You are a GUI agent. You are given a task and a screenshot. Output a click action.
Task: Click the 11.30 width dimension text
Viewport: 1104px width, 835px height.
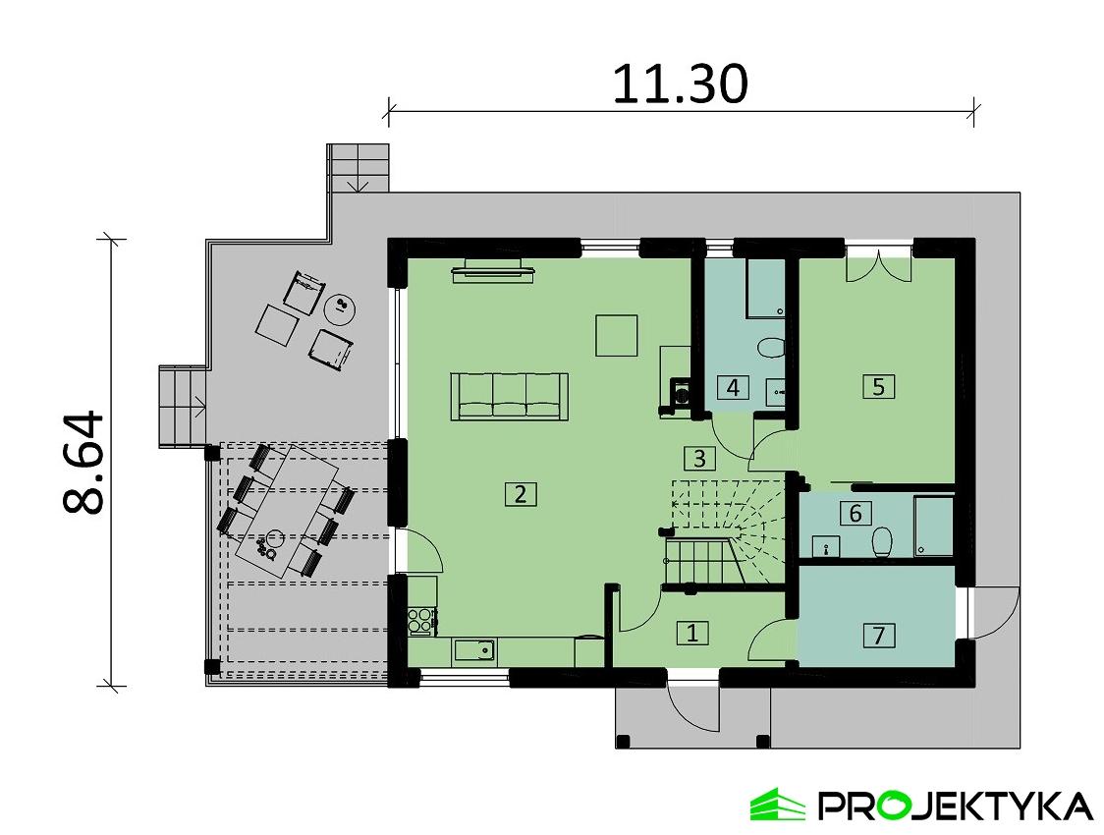coord(680,84)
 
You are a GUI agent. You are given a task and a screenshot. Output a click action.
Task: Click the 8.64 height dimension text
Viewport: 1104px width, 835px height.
coord(84,462)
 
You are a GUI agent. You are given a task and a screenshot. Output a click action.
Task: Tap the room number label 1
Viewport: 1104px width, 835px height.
coord(691,633)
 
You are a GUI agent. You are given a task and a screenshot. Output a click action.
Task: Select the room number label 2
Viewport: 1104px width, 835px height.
coord(520,494)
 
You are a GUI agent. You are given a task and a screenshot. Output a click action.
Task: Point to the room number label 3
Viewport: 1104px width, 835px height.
coord(698,458)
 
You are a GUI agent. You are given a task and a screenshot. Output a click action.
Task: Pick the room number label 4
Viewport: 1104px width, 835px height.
coord(732,387)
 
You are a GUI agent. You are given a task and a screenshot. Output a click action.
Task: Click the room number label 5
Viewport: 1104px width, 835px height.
coord(878,386)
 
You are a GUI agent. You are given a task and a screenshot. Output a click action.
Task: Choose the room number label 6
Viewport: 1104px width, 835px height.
coord(855,513)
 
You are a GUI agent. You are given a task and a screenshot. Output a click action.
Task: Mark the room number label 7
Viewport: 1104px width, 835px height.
coord(878,636)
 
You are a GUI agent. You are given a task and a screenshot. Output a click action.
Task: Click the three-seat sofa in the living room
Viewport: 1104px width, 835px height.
coord(509,397)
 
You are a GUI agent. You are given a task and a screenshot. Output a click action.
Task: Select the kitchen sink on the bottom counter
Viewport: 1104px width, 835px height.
coord(474,649)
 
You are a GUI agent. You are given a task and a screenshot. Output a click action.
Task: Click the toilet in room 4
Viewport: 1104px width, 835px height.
coord(771,349)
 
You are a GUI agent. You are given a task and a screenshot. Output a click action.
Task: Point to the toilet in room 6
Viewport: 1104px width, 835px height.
coord(882,541)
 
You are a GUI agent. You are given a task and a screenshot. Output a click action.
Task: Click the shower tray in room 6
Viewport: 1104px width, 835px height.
coord(933,527)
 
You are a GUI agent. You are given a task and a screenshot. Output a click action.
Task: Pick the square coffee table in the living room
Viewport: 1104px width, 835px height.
coord(618,334)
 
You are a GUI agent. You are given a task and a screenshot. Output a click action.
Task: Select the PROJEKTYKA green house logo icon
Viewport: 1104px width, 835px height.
coord(777,805)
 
